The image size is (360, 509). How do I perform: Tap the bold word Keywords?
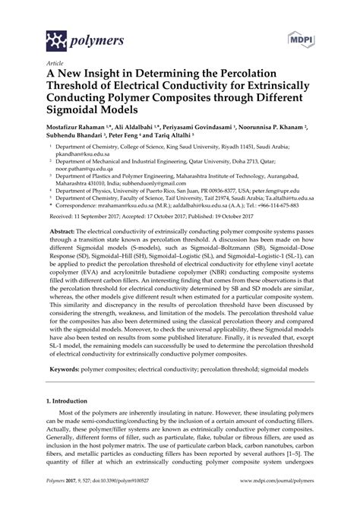tap(66, 411)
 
